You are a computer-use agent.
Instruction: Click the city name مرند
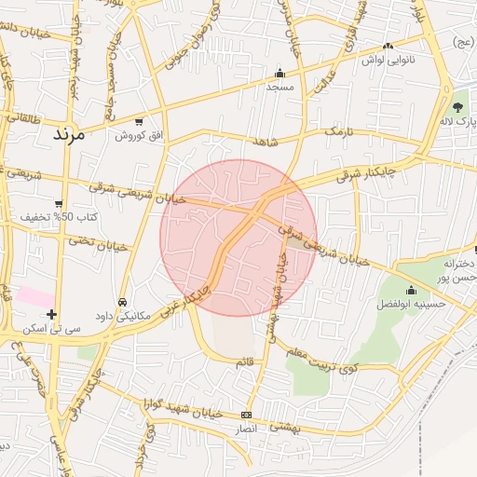[68, 133]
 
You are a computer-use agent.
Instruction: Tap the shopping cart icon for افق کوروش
[139, 121]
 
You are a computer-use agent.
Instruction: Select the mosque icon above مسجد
[279, 74]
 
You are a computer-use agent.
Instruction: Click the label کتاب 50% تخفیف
[61, 217]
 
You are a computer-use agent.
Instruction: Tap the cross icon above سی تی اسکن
[51, 314]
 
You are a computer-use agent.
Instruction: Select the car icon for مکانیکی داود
[123, 302]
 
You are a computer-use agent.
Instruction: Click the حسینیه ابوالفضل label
[424, 305]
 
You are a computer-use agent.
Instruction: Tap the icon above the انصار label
[246, 415]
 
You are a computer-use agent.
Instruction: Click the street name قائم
[245, 361]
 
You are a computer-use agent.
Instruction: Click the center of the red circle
[238, 238]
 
